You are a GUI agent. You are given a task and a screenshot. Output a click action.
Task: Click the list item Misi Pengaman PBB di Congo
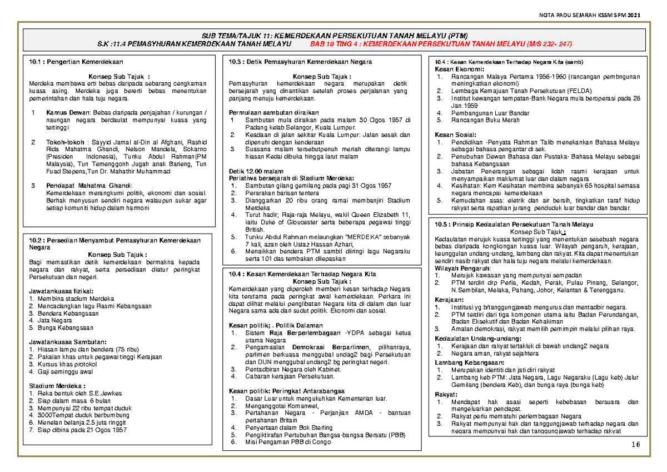point(287,442)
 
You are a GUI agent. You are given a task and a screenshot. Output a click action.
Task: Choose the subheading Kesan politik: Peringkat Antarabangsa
point(287,390)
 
